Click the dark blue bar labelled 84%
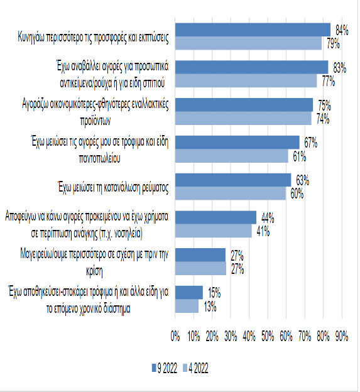click(253, 30)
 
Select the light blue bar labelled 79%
click(248, 43)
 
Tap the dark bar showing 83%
click(252, 67)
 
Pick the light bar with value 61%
click(231, 156)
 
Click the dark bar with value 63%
click(233, 180)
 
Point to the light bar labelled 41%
click(214, 231)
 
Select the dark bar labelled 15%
click(189, 293)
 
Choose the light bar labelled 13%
click(187, 306)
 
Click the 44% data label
click(268, 218)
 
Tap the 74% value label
click(323, 119)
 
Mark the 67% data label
click(311, 143)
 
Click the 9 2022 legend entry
click(165, 368)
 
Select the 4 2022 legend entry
click(196, 368)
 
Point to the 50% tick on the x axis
click(268, 337)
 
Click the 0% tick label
click(175, 337)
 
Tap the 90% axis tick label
click(342, 337)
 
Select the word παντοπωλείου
click(100, 158)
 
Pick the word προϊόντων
click(95, 121)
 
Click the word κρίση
click(94, 271)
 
